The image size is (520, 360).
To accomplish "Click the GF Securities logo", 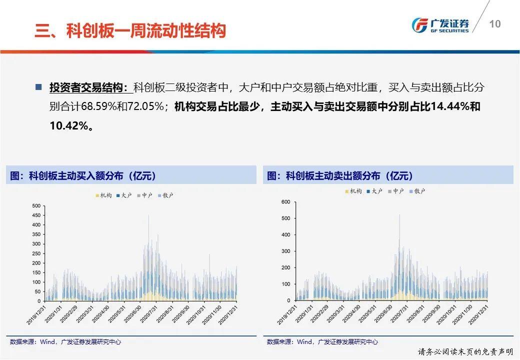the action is [x=440, y=25].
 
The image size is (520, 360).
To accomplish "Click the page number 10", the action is [x=495, y=24].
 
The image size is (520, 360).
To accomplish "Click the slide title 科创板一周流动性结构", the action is [x=146, y=30].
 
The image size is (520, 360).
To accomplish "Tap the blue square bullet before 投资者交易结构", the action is [x=39, y=87].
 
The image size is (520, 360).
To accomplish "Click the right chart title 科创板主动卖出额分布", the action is [x=333, y=175].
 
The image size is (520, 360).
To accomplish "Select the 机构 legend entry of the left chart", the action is [x=104, y=195].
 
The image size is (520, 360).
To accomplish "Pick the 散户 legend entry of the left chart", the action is [x=166, y=195].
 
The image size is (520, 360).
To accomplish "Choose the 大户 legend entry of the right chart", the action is [x=374, y=191].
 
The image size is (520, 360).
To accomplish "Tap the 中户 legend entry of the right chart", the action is [x=396, y=191].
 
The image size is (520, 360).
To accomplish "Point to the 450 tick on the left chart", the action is [x=36, y=215].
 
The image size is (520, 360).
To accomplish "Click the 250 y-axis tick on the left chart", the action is [x=36, y=253].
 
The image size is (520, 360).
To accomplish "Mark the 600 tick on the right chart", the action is [x=285, y=202].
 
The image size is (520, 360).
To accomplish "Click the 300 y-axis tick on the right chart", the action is [x=285, y=251].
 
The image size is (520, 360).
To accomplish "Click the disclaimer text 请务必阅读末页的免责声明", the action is [x=465, y=351].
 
